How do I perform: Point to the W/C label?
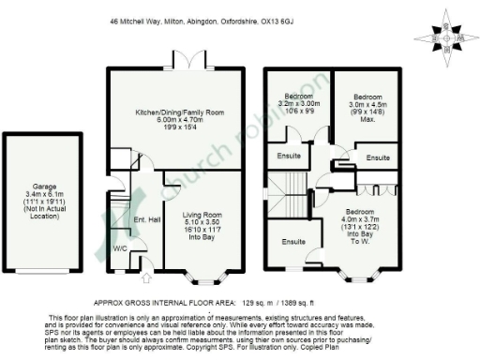pos(121,249)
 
